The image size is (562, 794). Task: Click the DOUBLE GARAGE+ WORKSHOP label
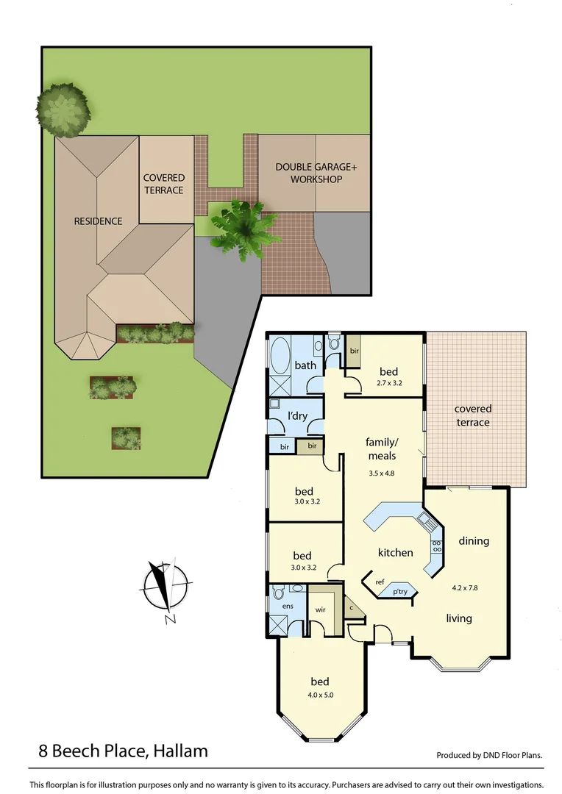316,173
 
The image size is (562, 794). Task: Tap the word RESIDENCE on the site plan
98,221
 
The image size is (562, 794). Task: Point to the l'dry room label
297,416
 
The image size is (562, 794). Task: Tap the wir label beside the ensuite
320,609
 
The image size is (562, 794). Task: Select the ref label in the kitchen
380,582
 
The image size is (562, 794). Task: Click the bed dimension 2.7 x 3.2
388,383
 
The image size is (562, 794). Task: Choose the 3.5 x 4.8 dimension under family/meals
382,473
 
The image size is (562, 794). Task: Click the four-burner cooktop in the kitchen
436,546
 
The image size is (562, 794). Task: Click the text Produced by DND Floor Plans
489,755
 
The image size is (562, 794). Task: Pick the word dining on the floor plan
474,541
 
